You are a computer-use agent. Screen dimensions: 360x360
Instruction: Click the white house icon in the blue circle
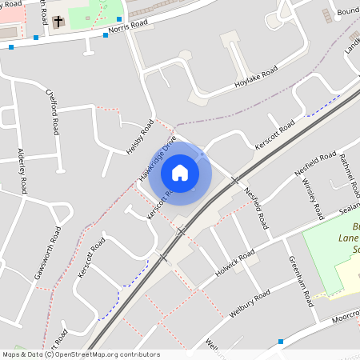(x=180, y=172)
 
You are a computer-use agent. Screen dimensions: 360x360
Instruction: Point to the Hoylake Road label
(x=256, y=78)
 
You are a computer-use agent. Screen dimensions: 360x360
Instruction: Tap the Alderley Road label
(x=22, y=170)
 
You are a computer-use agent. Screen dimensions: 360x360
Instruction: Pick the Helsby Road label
(x=139, y=138)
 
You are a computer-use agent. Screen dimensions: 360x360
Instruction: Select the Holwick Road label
(x=234, y=263)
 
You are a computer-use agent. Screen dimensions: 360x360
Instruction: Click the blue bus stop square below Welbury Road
(x=281, y=342)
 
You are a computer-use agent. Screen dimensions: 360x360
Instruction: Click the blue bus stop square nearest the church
(x=36, y=37)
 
